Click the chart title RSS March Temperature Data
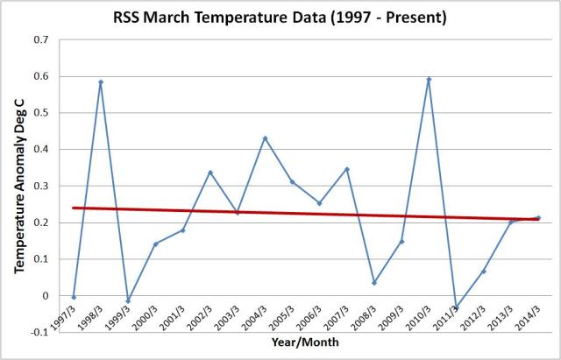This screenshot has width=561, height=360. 281,17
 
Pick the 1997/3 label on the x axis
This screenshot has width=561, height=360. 62,317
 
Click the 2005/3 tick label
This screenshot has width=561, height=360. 281,317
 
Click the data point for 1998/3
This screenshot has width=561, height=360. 101,82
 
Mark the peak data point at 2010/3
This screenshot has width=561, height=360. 429,80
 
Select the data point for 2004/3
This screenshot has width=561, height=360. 265,138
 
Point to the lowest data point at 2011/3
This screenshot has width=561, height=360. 456,308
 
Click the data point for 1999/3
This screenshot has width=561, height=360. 128,301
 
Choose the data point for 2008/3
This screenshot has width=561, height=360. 373,283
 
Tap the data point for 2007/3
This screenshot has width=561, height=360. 346,169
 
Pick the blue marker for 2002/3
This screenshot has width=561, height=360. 210,173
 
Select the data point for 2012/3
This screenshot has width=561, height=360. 483,272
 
